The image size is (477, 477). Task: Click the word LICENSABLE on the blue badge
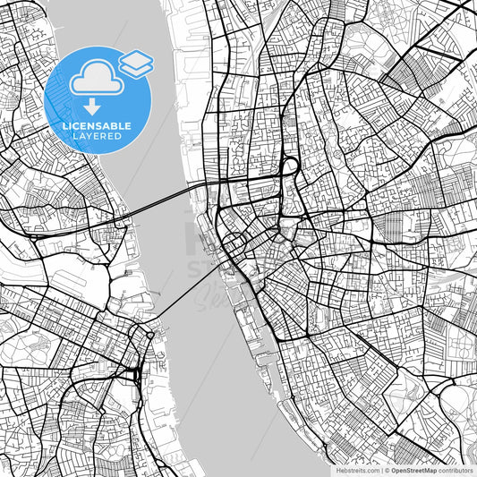[x=98, y=126]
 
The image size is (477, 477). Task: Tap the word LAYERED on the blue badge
[x=98, y=137]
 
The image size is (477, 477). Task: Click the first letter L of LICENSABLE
[x=65, y=126]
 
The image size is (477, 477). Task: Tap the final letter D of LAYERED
[x=119, y=137]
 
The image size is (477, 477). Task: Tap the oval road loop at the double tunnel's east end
[x=289, y=167]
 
